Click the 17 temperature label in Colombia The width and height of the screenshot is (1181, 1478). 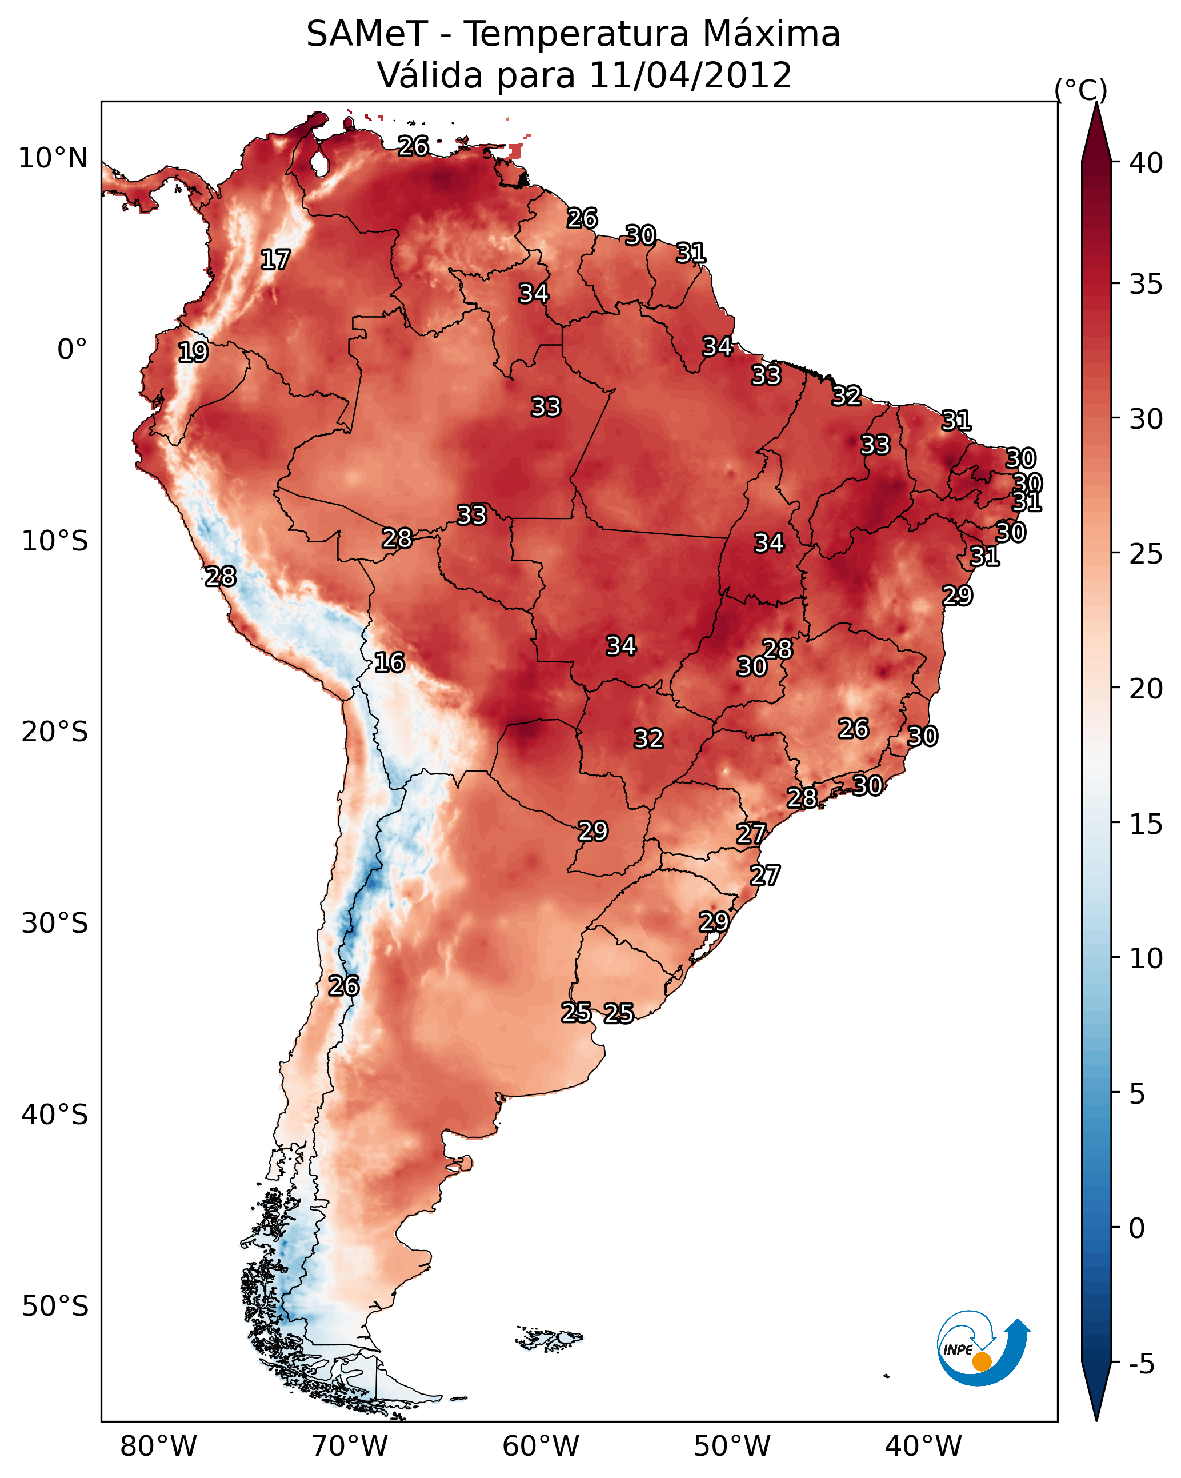point(275,260)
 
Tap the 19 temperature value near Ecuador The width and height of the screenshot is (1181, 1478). point(193,353)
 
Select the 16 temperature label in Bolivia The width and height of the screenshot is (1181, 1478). point(389,662)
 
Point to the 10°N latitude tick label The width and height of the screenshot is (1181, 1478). point(53,158)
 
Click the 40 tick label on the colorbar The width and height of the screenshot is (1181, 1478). point(1146,163)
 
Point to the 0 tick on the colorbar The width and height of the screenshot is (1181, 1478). point(1136,1228)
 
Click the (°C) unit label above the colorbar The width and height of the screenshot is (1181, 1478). point(1080,90)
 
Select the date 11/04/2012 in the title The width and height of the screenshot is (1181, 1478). point(690,75)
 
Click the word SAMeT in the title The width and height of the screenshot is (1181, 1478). point(367,34)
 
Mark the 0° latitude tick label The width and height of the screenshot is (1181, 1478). point(72,350)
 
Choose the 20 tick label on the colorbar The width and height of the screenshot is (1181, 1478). point(1146,688)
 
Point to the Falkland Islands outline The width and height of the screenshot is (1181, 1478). point(550,1338)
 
